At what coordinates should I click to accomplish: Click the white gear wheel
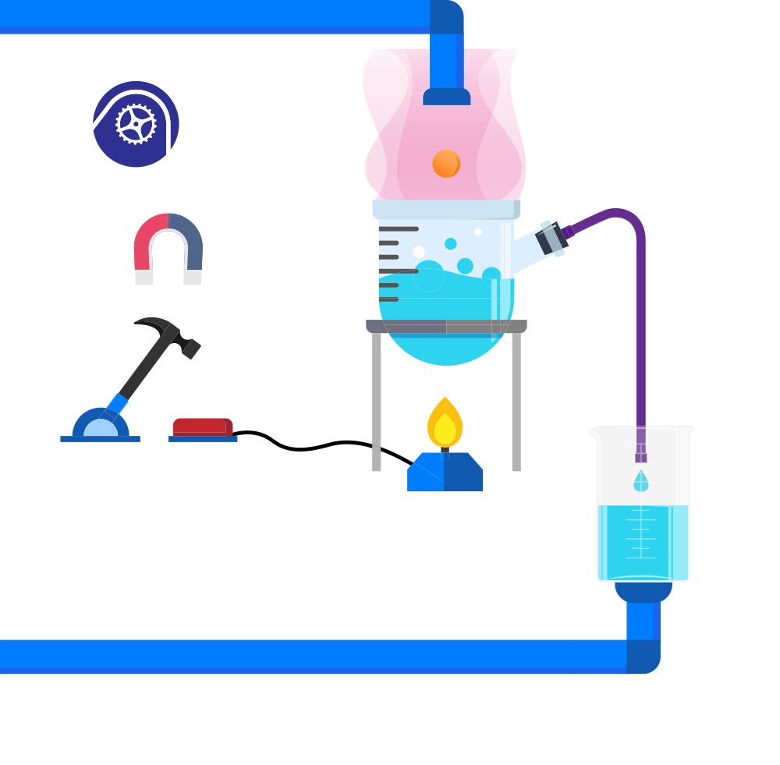[136, 124]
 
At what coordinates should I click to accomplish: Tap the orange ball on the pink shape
[446, 163]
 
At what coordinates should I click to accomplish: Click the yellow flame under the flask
[445, 430]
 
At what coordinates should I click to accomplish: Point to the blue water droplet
[641, 481]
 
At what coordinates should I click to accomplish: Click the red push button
[198, 427]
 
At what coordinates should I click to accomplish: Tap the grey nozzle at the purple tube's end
[554, 237]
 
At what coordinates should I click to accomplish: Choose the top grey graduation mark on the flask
[399, 228]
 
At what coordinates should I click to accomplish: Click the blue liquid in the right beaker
[643, 542]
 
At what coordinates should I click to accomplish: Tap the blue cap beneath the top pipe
[446, 97]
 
